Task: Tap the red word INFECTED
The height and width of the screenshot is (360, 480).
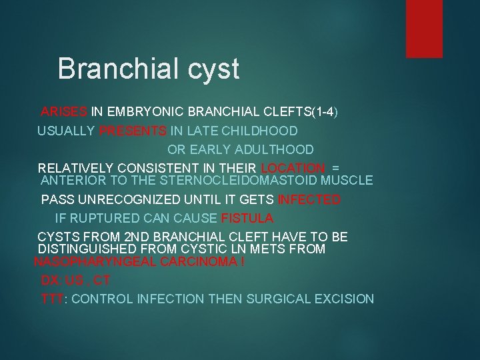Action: click(309, 199)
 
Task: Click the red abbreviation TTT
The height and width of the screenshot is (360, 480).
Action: click(51, 299)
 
